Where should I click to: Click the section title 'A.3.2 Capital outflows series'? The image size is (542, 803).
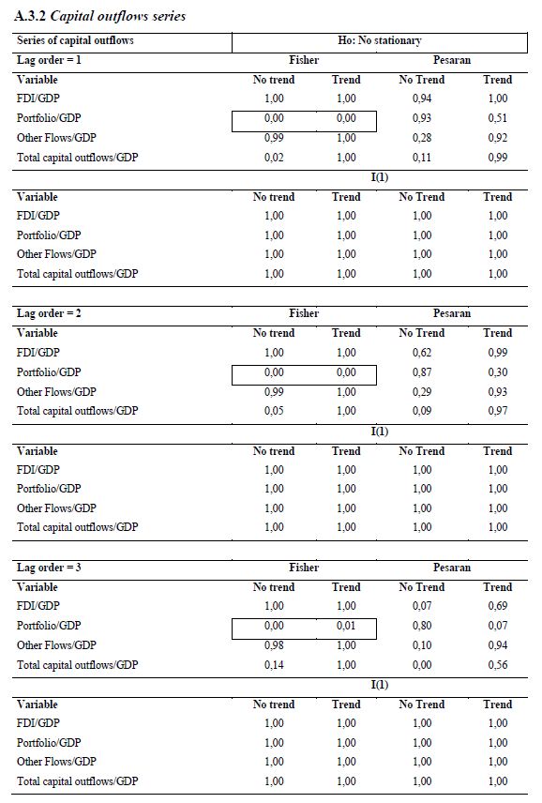coord(99,16)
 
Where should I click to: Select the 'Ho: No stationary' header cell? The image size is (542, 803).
coord(379,40)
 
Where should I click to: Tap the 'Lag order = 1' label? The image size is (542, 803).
coord(49,60)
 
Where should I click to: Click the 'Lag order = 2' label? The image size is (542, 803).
coord(49,313)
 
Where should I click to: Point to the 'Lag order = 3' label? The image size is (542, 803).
coord(49,568)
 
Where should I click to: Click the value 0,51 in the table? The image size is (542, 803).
coord(498,118)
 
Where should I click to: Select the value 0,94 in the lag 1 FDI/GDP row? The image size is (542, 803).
coord(422,98)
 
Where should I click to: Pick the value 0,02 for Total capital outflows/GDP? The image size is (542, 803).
coord(274,158)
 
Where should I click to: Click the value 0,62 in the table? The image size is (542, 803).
coord(422,353)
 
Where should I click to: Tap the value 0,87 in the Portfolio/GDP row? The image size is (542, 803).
coord(422,372)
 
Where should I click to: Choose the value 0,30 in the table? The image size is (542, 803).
coord(498,372)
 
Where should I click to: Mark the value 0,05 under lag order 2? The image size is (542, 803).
coord(274,411)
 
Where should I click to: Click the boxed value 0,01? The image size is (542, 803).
coord(346,626)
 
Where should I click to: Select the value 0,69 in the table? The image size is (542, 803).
coord(498,606)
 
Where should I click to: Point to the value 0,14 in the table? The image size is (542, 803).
coord(274,665)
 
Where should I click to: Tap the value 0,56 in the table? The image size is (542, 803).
coord(498,665)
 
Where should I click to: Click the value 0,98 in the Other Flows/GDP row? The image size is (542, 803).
coord(274,645)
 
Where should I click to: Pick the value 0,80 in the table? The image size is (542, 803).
coord(422,626)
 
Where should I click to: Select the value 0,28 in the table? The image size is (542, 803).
coord(422,138)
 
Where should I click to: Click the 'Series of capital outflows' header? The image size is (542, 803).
coord(75,40)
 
